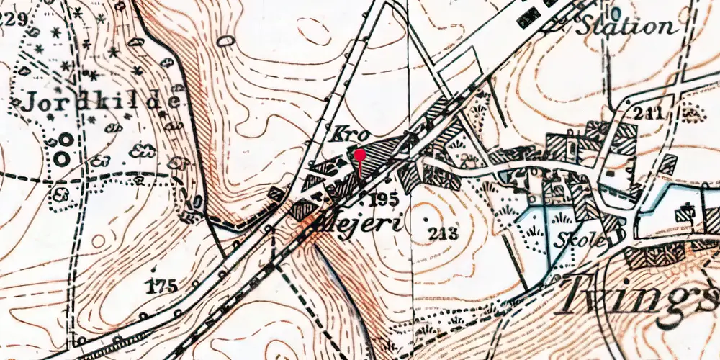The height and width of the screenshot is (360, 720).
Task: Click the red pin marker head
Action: pyautogui.click(x=359, y=154)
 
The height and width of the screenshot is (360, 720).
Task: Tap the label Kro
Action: pyautogui.click(x=351, y=133)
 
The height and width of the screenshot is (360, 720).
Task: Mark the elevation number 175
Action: pyautogui.click(x=161, y=287)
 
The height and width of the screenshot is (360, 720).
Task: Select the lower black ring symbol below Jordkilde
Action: pyautogui.click(x=63, y=156)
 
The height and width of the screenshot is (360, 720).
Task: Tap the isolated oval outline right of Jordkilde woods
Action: pyautogui.click(x=226, y=40)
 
